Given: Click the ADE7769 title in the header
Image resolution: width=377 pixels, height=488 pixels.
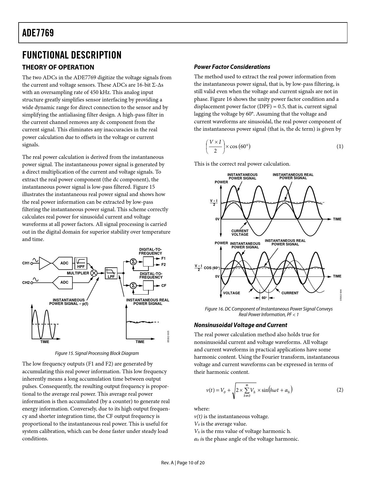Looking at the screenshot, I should coord(38,33).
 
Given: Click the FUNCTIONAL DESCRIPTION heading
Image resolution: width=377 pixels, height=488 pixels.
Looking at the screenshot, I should coord(72,55).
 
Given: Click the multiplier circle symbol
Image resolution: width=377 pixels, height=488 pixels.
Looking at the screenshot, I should coord(94,273).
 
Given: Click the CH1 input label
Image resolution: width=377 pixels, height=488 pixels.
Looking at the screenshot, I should coord(26,263).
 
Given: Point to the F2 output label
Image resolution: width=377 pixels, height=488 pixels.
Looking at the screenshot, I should coord(163,264).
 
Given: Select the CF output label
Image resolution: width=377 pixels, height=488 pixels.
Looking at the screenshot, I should coord(164,286).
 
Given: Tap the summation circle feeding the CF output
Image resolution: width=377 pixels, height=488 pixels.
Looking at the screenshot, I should coord(133,285).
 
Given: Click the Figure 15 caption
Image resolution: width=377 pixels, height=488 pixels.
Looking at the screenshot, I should coord(97,353).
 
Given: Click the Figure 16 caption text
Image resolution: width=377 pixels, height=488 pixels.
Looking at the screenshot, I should coord(268,312).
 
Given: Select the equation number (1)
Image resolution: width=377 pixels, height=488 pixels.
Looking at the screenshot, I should coord(340,146).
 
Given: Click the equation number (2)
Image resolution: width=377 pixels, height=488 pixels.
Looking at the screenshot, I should coord(340,390).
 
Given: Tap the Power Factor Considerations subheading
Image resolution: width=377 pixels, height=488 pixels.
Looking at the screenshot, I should coord(232,67).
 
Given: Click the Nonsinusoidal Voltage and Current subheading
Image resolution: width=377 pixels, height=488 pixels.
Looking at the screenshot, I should coord(240,325).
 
